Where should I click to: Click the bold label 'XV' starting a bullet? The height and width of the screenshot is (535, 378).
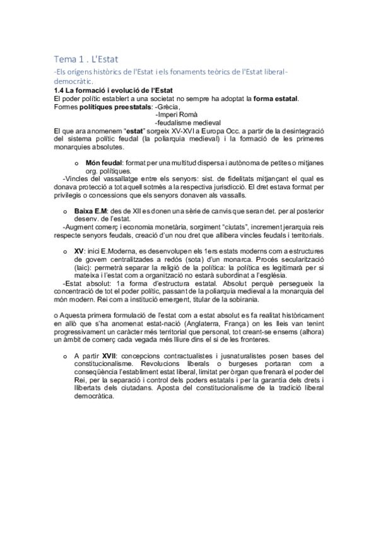(x=79, y=250)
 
